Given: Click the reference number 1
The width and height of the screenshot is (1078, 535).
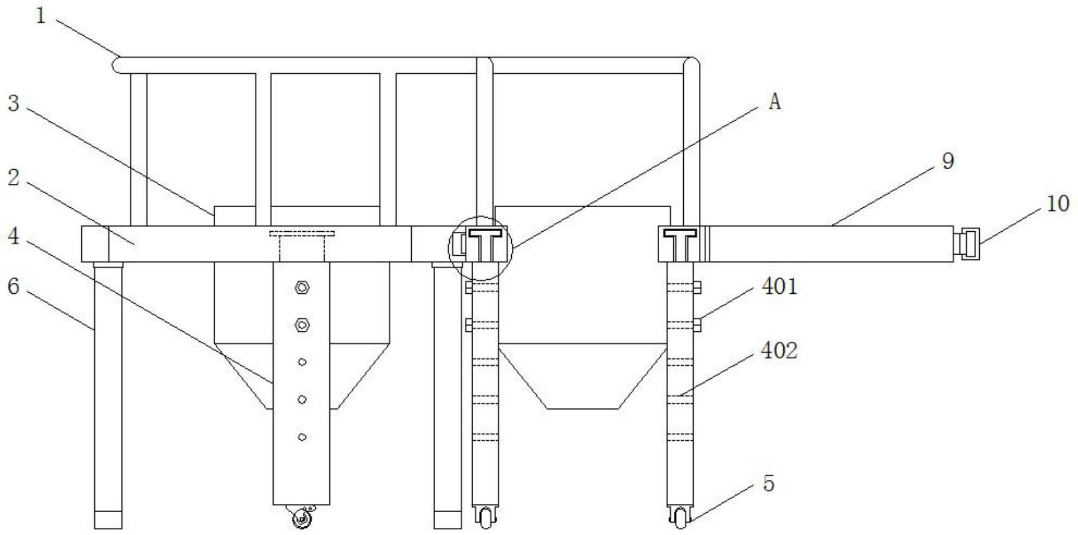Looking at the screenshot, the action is tap(40, 16).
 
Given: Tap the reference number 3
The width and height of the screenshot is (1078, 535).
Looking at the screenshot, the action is tap(13, 104).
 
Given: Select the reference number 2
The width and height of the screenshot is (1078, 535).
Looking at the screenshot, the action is tap(13, 177).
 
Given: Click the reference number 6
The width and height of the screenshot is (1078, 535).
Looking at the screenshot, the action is tap(13, 287).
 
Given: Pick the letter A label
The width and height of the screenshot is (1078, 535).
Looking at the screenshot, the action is tap(774, 102).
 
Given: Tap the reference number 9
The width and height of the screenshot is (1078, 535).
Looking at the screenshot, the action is tap(948, 160).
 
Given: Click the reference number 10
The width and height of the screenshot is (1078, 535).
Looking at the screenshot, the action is tap(1058, 204).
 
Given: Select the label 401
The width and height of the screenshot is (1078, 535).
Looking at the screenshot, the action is tap(780, 286).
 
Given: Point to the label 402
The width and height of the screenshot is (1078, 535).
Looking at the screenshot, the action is tap(780, 350).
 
